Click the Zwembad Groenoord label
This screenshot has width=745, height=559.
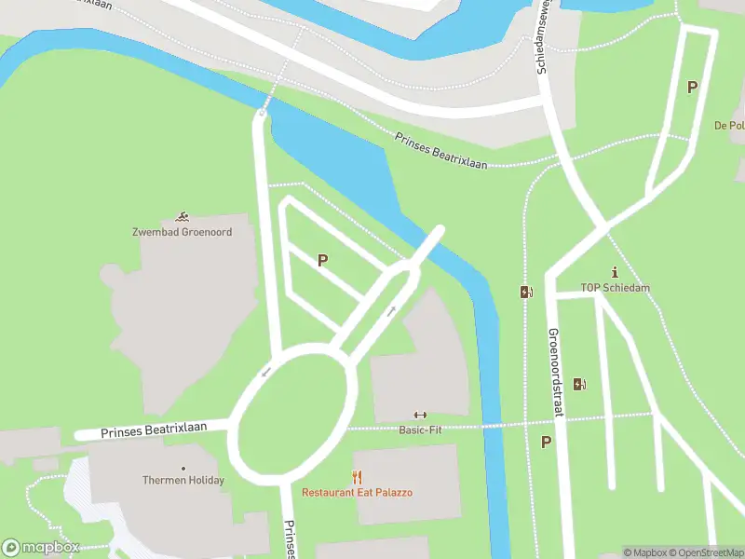183,231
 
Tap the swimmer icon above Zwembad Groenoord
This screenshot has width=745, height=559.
183,216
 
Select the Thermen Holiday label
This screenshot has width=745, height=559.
183,481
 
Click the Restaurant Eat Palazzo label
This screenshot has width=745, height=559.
357,492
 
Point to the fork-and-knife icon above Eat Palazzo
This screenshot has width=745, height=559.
357,477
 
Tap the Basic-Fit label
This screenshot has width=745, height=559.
420,429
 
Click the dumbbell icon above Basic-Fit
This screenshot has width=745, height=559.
420,416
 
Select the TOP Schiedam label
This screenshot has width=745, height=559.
615,288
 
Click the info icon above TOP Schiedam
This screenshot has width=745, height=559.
615,272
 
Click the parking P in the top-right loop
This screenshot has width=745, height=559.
692,88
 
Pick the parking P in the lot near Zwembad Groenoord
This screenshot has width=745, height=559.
322,261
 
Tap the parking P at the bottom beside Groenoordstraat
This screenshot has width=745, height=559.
546,443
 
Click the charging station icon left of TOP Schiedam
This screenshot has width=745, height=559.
526,292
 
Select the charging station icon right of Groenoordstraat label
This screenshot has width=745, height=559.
578,384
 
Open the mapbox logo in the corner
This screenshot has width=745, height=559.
41,548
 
